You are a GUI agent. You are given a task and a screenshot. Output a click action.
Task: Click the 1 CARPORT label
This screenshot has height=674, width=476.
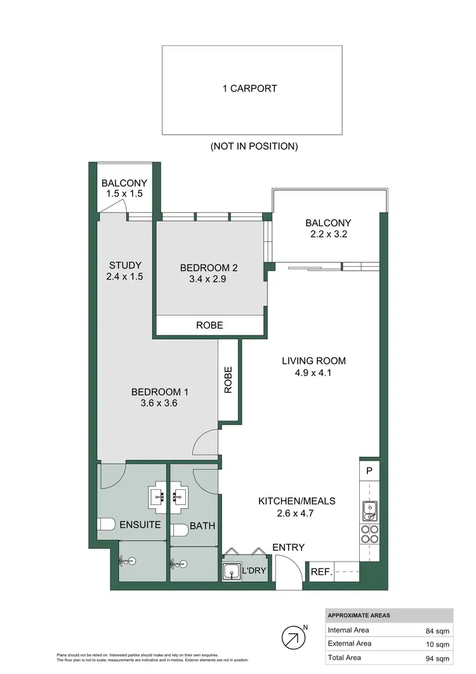(249, 89)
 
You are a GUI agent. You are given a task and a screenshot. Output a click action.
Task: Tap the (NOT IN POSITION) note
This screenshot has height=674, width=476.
(254, 146)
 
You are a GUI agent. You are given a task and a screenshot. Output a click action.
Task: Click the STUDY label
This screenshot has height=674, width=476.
(125, 265)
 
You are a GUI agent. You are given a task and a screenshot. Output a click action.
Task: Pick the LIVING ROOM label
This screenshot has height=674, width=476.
(314, 361)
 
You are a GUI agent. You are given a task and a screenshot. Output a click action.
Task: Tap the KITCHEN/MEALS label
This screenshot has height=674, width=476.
(296, 501)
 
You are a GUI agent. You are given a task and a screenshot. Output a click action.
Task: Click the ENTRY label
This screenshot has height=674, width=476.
(288, 547)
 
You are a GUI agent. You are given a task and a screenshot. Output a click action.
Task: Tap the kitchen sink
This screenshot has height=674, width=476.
(368, 509)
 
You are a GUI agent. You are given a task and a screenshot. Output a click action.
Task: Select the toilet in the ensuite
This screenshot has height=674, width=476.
(106, 524)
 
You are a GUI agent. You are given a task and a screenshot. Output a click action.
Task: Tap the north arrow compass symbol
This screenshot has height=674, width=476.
(293, 637)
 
